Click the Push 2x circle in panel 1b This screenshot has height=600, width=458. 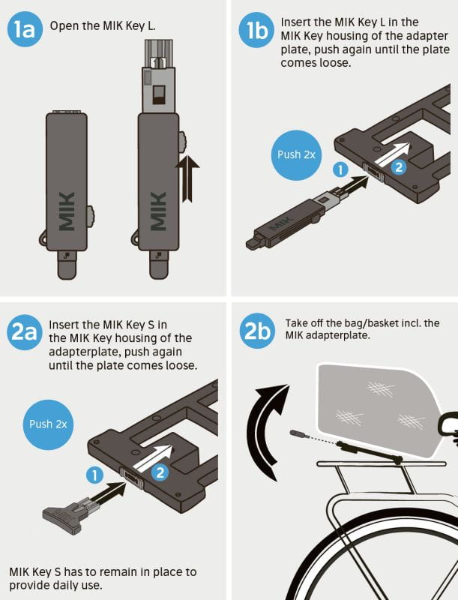pos(295,155)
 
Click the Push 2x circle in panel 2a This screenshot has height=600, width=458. pos(49,424)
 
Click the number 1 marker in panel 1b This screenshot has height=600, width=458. pos(339,170)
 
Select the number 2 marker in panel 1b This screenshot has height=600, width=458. pos(400,168)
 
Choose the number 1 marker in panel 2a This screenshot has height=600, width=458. pos(94,475)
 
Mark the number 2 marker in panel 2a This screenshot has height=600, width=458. pos(160,472)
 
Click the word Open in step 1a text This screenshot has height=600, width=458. pos(64,26)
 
